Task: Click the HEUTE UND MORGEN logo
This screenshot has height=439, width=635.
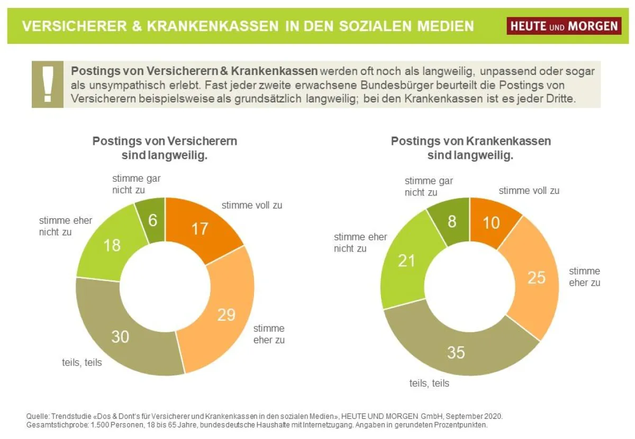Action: (x=564, y=25)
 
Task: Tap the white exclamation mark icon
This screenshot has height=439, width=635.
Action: (x=48, y=84)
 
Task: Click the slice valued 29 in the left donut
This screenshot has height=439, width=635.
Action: (x=226, y=314)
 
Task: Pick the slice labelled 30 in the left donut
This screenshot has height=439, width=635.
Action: (x=121, y=336)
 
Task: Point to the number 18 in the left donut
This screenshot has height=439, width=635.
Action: (x=112, y=245)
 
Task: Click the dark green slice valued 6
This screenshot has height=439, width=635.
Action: (x=152, y=220)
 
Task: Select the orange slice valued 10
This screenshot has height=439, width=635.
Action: (x=492, y=222)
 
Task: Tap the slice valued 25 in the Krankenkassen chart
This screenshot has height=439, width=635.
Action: (x=536, y=277)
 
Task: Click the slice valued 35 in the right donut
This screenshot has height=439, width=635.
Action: (x=456, y=352)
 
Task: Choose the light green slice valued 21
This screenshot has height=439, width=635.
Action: (x=406, y=260)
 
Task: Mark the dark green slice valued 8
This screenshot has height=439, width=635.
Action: (x=451, y=221)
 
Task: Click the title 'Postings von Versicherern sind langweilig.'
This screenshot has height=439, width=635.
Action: (x=165, y=148)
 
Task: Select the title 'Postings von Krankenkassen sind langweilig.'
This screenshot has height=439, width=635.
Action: (x=470, y=148)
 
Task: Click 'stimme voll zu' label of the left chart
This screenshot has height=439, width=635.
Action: (x=251, y=205)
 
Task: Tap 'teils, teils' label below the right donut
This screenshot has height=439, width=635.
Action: (x=429, y=383)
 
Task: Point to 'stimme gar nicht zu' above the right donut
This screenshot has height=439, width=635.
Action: (x=429, y=186)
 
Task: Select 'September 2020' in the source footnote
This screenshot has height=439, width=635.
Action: (x=476, y=416)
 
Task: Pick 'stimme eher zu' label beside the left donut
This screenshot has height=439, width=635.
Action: (x=269, y=334)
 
